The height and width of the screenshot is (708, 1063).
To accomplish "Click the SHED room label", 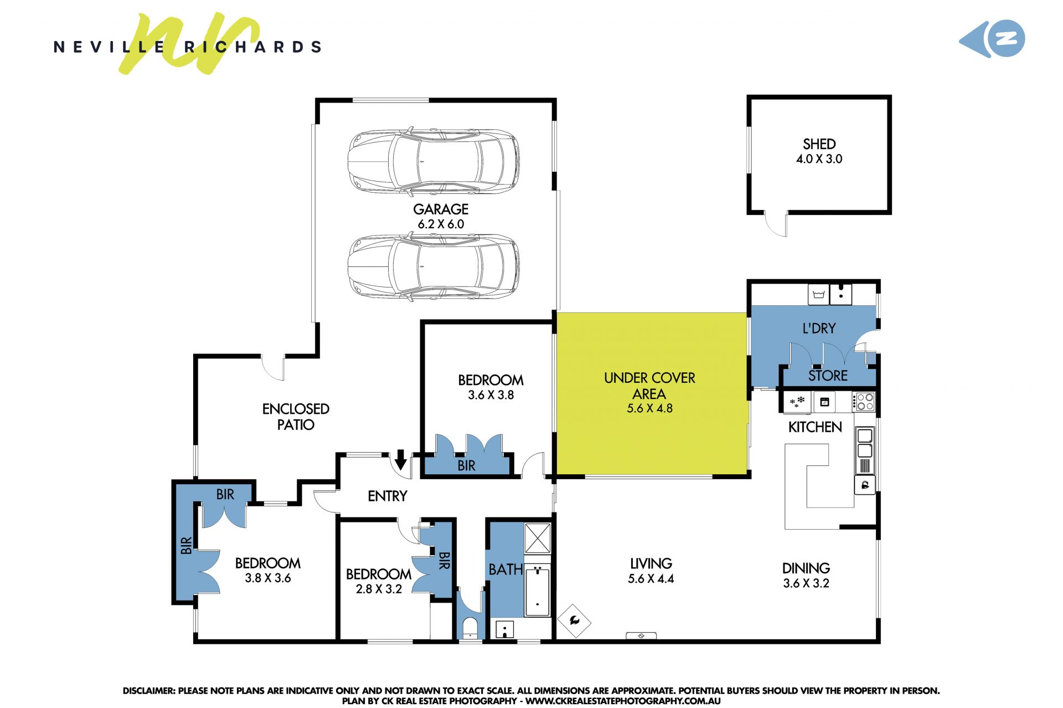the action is [819, 144].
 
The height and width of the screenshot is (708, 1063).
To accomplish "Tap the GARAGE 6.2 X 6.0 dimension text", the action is [441, 224].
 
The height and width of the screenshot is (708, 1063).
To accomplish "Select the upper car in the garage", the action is [434, 161].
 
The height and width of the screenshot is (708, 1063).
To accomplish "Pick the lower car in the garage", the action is [434, 267].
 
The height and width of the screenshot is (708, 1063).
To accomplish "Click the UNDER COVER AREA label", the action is [649, 386].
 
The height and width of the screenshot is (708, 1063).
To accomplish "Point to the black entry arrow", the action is [401, 460].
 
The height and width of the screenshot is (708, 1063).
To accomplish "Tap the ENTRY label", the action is [388, 496].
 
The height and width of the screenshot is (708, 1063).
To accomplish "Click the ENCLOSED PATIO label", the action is [296, 417].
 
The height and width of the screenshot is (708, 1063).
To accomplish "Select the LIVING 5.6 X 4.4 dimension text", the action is [651, 579].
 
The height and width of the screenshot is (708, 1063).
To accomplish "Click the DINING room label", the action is [806, 568].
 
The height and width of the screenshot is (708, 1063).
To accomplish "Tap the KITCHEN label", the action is [815, 427].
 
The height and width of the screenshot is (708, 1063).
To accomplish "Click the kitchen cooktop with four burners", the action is [864, 402].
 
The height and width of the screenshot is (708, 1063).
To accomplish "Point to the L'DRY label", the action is [819, 328].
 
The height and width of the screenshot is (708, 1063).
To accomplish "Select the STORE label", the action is [828, 376].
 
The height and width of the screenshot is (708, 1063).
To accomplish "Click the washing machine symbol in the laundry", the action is [819, 294].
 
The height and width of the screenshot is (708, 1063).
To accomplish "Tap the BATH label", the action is [505, 570].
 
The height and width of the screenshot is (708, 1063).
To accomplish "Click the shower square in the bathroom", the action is [538, 537].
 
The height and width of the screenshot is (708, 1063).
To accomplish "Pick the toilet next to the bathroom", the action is [470, 628].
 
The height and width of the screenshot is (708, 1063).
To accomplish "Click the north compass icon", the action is [992, 38].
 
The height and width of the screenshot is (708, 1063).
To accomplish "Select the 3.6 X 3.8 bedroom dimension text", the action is [491, 395].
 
